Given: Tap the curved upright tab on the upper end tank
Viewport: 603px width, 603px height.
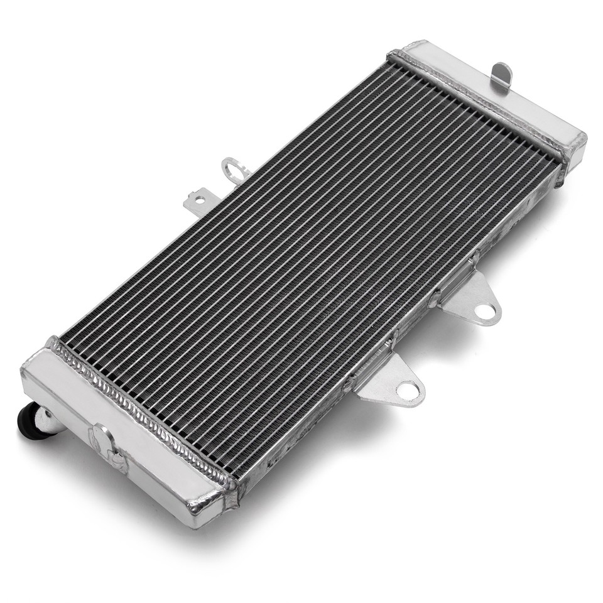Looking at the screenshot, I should (501, 75).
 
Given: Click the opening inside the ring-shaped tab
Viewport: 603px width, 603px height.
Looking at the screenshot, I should (233, 167).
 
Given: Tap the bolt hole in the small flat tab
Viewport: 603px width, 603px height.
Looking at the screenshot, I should (199, 200).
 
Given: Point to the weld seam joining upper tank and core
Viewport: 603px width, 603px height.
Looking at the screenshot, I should (477, 104).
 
